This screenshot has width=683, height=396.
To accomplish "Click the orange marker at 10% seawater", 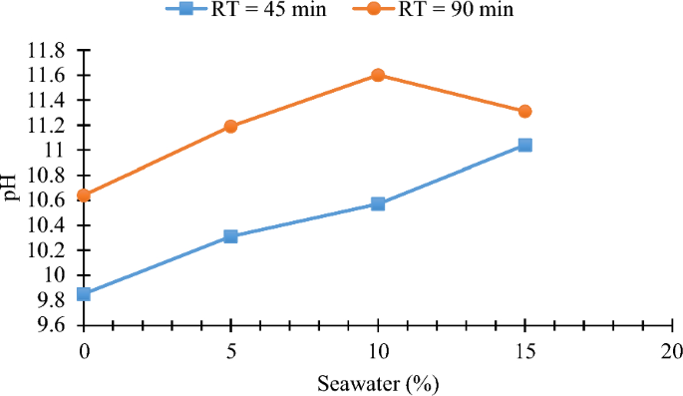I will (x=378, y=75).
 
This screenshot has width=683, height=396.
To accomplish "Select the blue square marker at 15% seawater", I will (x=525, y=145).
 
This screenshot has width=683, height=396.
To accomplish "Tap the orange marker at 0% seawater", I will (x=84, y=196).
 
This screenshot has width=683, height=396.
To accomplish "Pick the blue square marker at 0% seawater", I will (x=84, y=293).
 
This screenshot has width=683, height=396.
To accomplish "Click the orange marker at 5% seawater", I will (x=230, y=127).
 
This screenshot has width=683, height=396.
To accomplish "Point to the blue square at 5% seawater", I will (x=230, y=236).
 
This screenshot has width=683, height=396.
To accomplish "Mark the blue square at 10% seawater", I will (x=378, y=203).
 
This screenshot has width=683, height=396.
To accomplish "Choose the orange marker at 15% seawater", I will (x=525, y=111).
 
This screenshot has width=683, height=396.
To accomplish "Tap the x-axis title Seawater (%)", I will (x=378, y=383).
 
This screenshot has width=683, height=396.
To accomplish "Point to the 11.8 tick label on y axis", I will (x=46, y=50).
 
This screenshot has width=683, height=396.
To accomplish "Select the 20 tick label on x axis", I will (x=672, y=351).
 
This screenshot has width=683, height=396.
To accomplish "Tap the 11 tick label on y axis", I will (x=54, y=150).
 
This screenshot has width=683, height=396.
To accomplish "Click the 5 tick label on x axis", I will (x=230, y=351).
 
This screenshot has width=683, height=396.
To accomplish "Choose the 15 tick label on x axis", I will (x=525, y=351).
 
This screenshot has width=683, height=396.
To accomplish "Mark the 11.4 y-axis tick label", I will (x=46, y=100).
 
